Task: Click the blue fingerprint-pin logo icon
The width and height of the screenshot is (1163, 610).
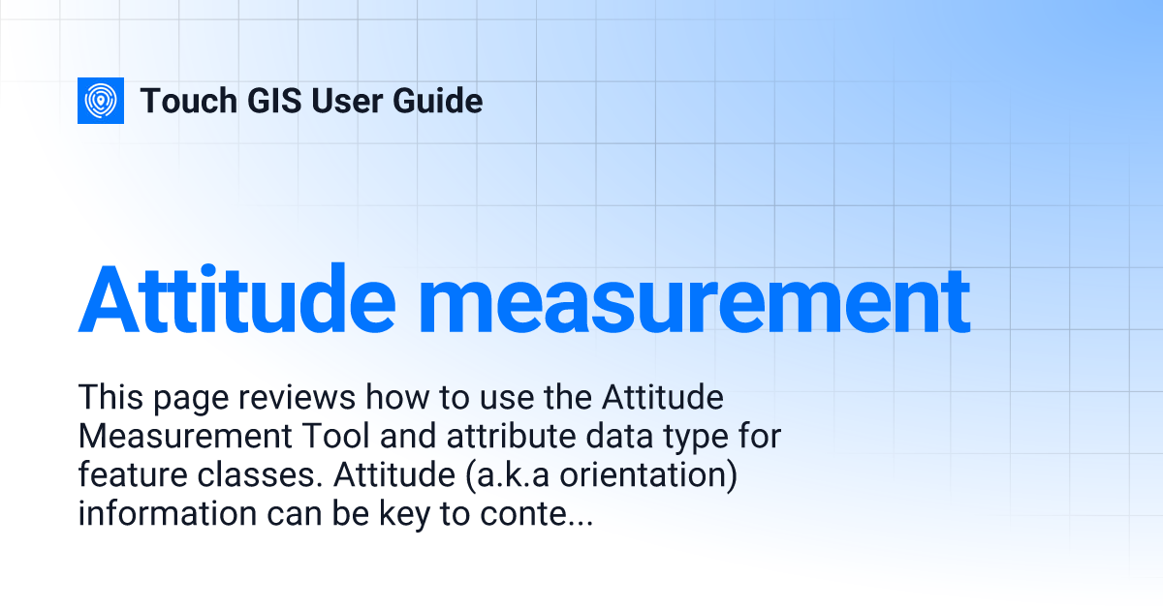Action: [101, 101]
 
